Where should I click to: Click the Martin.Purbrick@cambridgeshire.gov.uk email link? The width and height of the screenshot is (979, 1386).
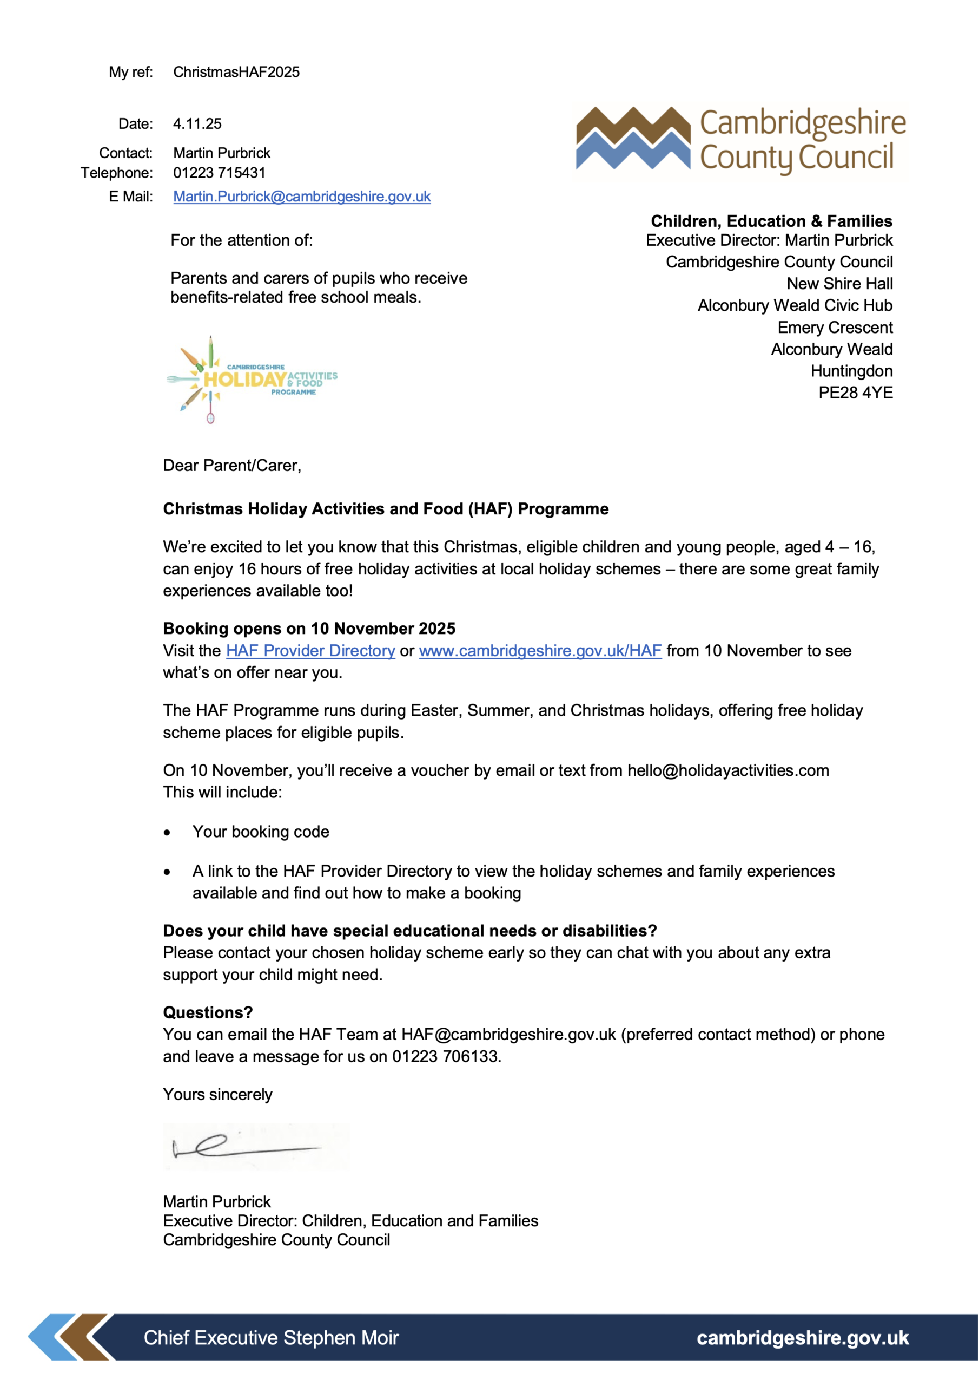(x=302, y=197)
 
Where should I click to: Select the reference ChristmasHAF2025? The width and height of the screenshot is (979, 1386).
(x=236, y=73)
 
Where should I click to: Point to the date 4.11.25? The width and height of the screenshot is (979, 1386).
(x=197, y=125)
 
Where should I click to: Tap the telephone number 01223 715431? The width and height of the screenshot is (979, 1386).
(x=219, y=173)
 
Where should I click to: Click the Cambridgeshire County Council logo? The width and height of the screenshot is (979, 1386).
(x=740, y=141)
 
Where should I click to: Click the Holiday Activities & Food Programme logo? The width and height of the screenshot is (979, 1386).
(x=252, y=380)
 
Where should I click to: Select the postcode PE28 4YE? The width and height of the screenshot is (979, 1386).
(x=855, y=393)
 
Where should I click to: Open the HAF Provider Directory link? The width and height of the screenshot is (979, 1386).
(x=310, y=651)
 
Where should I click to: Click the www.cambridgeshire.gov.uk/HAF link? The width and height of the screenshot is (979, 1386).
(x=540, y=651)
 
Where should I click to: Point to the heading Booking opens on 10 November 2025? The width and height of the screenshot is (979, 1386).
(x=309, y=629)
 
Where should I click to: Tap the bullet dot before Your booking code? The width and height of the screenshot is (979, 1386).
(x=167, y=833)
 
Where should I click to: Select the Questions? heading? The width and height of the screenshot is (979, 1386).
(x=208, y=1012)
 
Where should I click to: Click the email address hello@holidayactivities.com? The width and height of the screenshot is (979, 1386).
(x=727, y=770)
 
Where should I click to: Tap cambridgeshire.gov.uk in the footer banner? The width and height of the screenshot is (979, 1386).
(x=802, y=1338)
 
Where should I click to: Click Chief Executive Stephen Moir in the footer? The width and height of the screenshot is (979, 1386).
(x=271, y=1338)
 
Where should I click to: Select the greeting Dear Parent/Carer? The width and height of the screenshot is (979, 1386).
(x=231, y=466)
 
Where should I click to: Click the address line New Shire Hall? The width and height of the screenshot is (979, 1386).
(x=839, y=284)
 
